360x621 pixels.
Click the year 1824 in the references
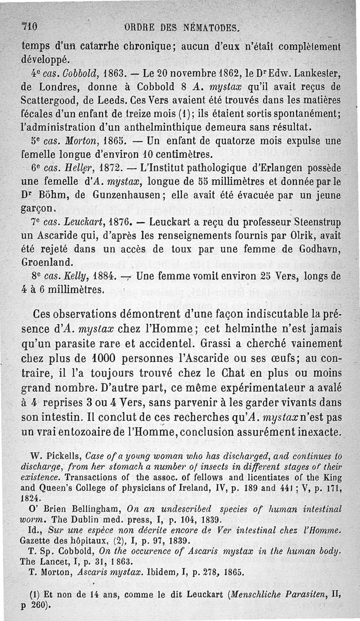point(31,499)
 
